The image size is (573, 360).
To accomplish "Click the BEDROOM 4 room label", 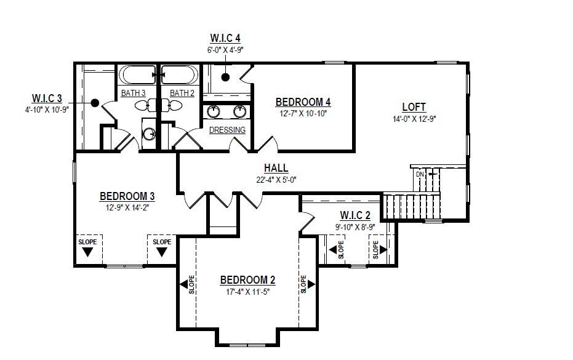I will point(303,102).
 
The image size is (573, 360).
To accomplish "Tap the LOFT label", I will point(414,107).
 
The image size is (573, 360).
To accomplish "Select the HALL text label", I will point(276,168).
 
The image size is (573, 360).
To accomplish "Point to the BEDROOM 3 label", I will point(127,196).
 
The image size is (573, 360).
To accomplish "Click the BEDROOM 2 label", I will point(247,281).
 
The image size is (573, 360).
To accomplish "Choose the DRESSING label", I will point(227,130).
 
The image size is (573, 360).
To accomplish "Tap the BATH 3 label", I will point(133,93).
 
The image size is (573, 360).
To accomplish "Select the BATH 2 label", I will point(182,93).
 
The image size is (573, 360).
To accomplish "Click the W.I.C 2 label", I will point(355,215).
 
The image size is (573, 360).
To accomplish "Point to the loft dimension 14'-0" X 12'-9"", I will point(414,119).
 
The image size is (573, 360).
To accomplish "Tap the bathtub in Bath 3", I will point(137,75).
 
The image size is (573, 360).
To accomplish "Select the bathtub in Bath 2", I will point(179,75).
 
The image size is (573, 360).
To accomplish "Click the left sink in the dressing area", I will point(214,111).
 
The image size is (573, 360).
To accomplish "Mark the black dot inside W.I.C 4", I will point(226,77).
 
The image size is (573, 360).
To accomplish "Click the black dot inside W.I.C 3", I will point(94,103).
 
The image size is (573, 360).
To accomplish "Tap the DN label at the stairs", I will point(420,174).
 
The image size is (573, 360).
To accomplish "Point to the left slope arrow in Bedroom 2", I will point(183,284).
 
